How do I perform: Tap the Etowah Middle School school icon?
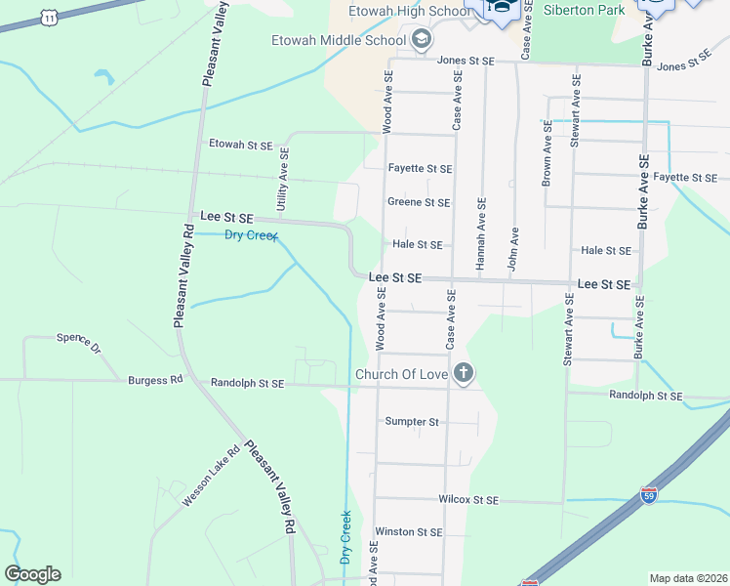pos(423,40)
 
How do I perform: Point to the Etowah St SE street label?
pos(241,145)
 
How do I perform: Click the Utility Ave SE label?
pos(283,181)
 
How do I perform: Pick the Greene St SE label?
pos(419,203)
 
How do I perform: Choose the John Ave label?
pos(513,248)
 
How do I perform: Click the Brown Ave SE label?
pos(547,154)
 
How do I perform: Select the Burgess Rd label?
pos(155,380)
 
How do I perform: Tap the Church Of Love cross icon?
pos(464,372)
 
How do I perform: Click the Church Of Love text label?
pos(401,374)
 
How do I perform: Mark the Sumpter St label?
pos(412,422)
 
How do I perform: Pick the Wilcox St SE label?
pos(468,500)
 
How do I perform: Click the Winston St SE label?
pos(408,532)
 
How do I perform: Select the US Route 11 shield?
pos(48,17)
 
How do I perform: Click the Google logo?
pos(32,574)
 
